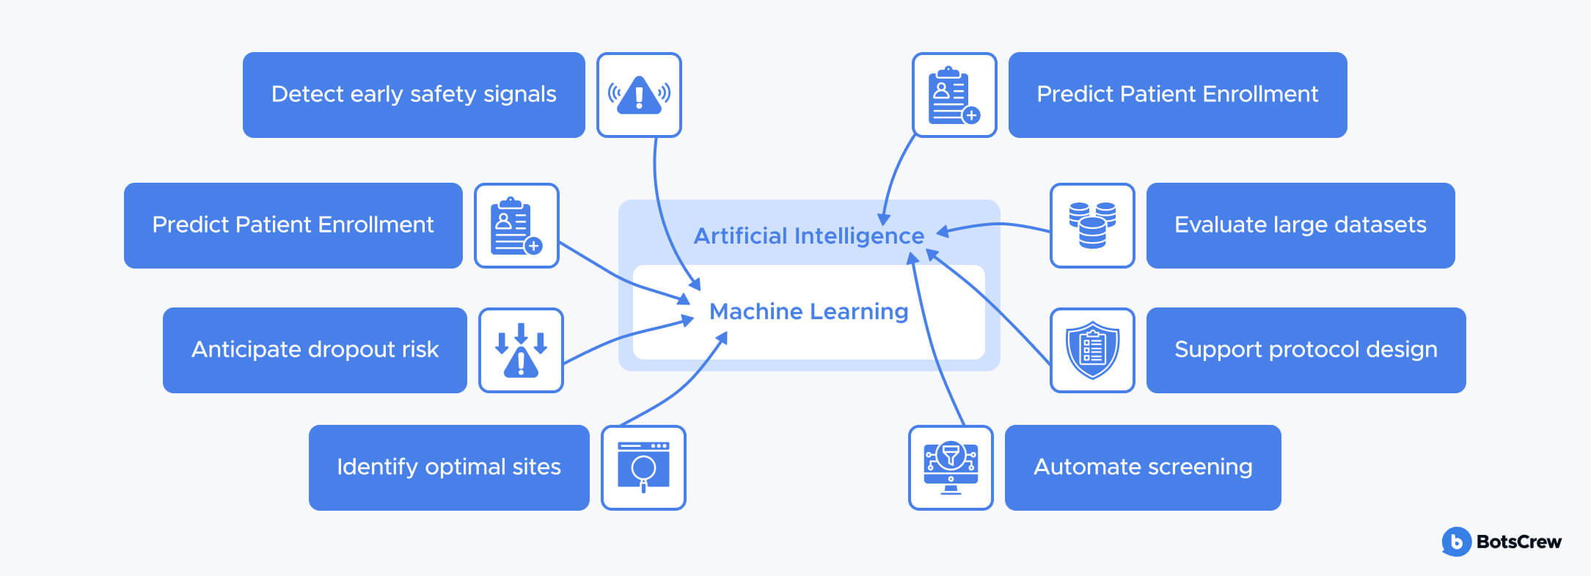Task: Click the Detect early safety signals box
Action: click(414, 95)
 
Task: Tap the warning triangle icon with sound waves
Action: click(639, 95)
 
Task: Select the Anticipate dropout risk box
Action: click(315, 350)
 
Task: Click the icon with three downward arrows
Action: click(521, 350)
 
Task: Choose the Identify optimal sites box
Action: click(449, 467)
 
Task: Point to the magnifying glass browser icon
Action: click(643, 467)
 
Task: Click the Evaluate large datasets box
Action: click(1300, 225)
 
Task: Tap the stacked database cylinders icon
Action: click(1092, 225)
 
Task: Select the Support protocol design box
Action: click(1306, 350)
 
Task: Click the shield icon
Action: click(1092, 350)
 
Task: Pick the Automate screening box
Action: click(1143, 467)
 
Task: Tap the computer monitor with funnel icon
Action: click(951, 467)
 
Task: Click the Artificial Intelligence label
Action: click(808, 236)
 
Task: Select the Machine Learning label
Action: click(808, 312)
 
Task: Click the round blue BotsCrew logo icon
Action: click(1456, 542)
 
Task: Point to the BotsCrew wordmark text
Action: click(1518, 542)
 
